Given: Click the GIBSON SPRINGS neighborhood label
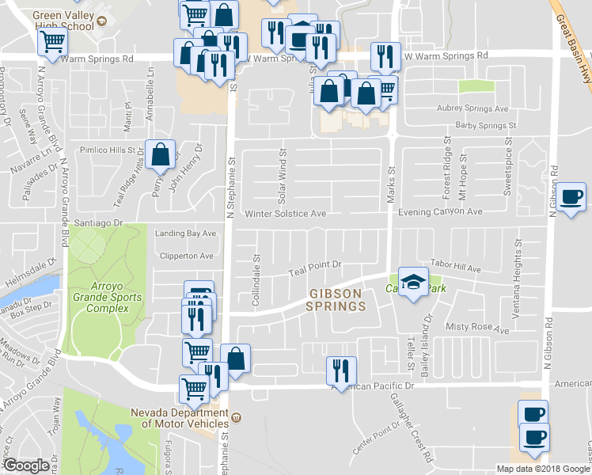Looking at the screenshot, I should point(335,299).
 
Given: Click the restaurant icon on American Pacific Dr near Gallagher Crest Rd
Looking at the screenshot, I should point(341,370).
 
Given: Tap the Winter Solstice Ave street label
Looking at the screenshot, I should point(285,214).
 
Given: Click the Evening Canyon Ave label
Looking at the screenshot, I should point(441,212).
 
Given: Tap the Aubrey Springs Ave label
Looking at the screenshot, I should point(473,108).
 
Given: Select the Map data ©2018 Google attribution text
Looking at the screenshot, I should point(543,469).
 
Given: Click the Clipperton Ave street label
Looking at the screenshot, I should point(184,256).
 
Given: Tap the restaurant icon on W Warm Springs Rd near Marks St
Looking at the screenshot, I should point(385,56).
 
